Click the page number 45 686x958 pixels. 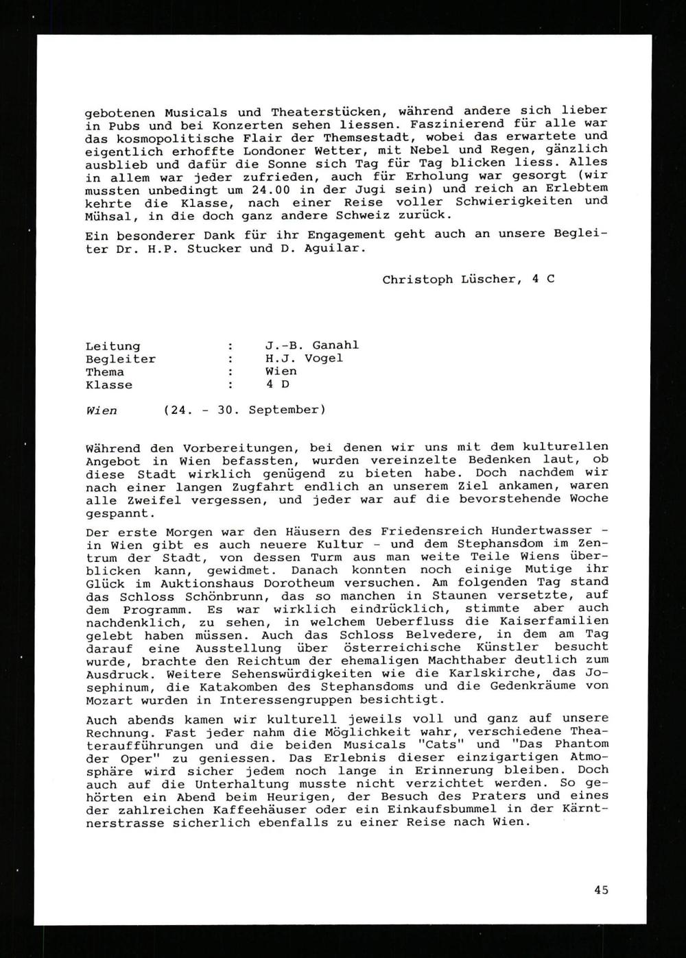tap(601, 890)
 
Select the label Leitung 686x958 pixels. tap(113, 346)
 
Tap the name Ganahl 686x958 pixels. tap(335, 345)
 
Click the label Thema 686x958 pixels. tap(105, 371)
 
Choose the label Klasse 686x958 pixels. tap(109, 384)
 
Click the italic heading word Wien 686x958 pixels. tap(101, 410)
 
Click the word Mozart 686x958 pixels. tap(109, 700)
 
